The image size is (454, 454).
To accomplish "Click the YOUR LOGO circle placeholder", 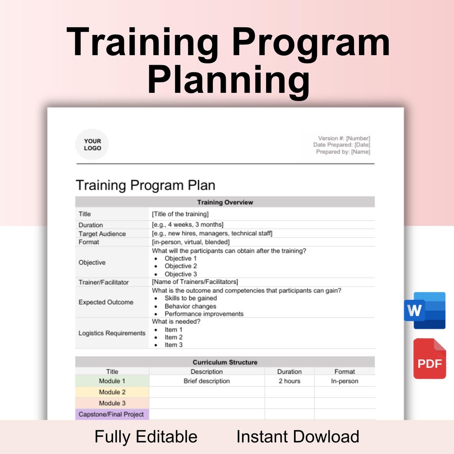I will pyautogui.click(x=92, y=145).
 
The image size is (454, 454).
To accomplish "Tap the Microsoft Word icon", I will pyautogui.click(x=425, y=310).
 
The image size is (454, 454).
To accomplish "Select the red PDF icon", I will pyautogui.click(x=429, y=359).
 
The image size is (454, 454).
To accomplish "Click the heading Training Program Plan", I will pyautogui.click(x=145, y=185).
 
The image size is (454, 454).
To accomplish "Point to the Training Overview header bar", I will pyautogui.click(x=225, y=202).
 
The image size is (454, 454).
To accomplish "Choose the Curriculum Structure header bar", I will pyautogui.click(x=225, y=362).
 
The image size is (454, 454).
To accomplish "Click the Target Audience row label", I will pyautogui.click(x=102, y=234).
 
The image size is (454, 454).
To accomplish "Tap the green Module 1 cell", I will pyautogui.click(x=112, y=381).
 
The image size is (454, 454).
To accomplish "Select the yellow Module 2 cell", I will pyautogui.click(x=112, y=392).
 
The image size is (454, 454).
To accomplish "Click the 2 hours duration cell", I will pyautogui.click(x=289, y=381).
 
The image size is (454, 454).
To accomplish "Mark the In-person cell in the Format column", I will pyautogui.click(x=345, y=381).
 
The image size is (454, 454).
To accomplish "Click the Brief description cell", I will pyautogui.click(x=207, y=381).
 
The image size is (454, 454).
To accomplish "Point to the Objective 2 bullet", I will pyautogui.click(x=181, y=266).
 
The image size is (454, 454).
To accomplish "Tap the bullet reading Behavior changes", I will pyautogui.click(x=190, y=306).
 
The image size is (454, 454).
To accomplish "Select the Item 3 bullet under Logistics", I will pyautogui.click(x=174, y=345).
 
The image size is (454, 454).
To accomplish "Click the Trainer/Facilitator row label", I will pyautogui.click(x=103, y=282).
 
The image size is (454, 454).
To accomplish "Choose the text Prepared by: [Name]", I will pyautogui.click(x=343, y=152).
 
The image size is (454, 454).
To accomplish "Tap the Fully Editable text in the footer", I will pyautogui.click(x=146, y=437).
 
